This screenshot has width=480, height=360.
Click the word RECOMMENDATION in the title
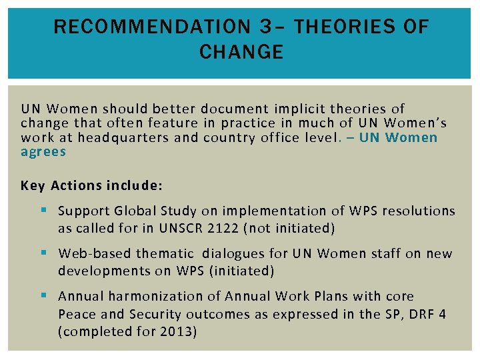point(148,27)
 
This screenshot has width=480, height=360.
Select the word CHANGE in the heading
point(241,52)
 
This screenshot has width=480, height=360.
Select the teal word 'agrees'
point(43,151)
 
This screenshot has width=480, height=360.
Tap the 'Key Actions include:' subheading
point(92,185)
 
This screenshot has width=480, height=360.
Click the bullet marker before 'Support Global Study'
point(44,211)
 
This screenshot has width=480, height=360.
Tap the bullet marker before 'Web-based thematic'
point(44,253)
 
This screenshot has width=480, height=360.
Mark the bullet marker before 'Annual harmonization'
point(44,296)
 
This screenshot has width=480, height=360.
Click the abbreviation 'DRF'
point(419,314)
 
